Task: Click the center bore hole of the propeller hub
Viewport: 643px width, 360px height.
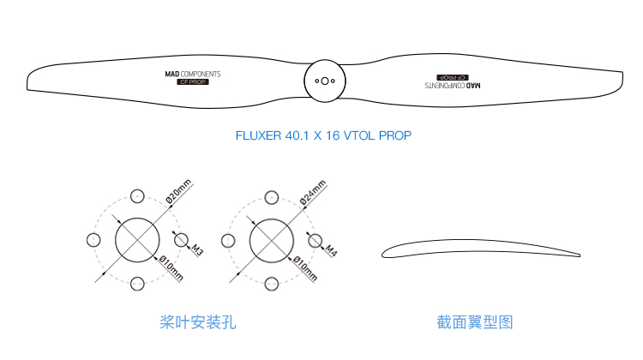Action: (x=324, y=81)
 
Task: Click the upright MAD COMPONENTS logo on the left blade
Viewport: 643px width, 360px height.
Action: (x=193, y=75)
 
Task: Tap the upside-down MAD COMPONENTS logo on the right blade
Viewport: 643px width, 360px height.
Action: (x=453, y=85)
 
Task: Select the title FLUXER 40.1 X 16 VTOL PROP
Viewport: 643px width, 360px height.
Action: (x=323, y=135)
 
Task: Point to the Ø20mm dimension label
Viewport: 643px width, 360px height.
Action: (x=179, y=191)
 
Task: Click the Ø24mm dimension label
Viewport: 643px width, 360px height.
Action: (x=313, y=192)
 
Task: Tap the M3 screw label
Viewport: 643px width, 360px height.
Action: (x=197, y=249)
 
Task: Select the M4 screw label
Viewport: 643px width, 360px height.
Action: (x=331, y=250)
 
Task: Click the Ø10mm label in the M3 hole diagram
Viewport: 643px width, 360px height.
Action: (x=171, y=267)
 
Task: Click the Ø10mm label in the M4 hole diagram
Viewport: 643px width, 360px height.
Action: (x=305, y=268)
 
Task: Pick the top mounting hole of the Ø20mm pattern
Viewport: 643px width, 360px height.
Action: (x=137, y=196)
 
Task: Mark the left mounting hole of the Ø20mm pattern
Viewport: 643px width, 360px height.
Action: (x=93, y=240)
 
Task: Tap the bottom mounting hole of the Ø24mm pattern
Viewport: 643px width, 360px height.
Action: (x=272, y=284)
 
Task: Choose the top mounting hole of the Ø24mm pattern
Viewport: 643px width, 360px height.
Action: (x=272, y=198)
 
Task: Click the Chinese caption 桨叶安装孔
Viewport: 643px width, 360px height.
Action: (x=198, y=322)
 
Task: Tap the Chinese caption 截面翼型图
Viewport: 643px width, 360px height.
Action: (x=474, y=322)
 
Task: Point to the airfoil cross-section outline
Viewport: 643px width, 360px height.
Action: (x=476, y=240)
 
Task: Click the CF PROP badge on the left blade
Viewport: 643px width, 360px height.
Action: (x=193, y=82)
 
